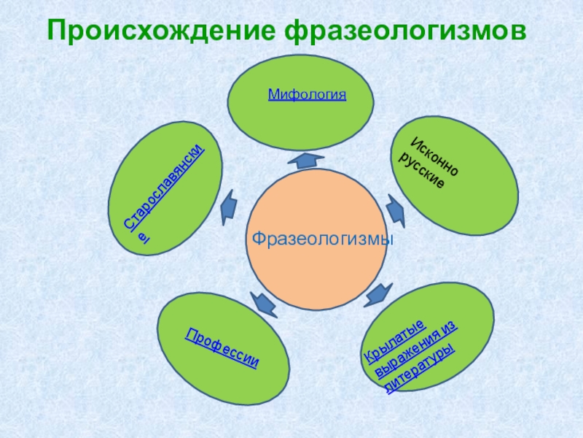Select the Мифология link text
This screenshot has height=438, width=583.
[307, 94]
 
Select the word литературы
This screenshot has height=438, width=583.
[420, 369]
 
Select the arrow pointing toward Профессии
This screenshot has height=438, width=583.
[262, 301]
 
